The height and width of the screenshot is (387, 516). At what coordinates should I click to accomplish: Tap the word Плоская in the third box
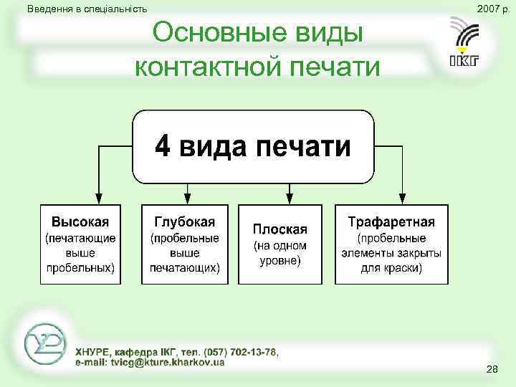[x=279, y=229]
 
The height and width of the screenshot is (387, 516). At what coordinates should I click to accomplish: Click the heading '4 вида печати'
[x=253, y=147]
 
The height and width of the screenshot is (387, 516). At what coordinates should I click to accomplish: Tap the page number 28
[x=492, y=369]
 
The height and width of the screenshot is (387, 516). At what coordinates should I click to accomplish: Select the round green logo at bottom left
[x=44, y=345]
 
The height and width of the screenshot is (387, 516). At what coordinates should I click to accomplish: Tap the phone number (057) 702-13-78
[x=239, y=352]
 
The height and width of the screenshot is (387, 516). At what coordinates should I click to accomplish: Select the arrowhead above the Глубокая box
[x=188, y=199]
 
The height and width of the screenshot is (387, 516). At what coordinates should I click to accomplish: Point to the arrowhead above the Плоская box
[x=290, y=199]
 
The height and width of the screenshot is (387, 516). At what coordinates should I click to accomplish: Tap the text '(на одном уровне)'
[x=279, y=253]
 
